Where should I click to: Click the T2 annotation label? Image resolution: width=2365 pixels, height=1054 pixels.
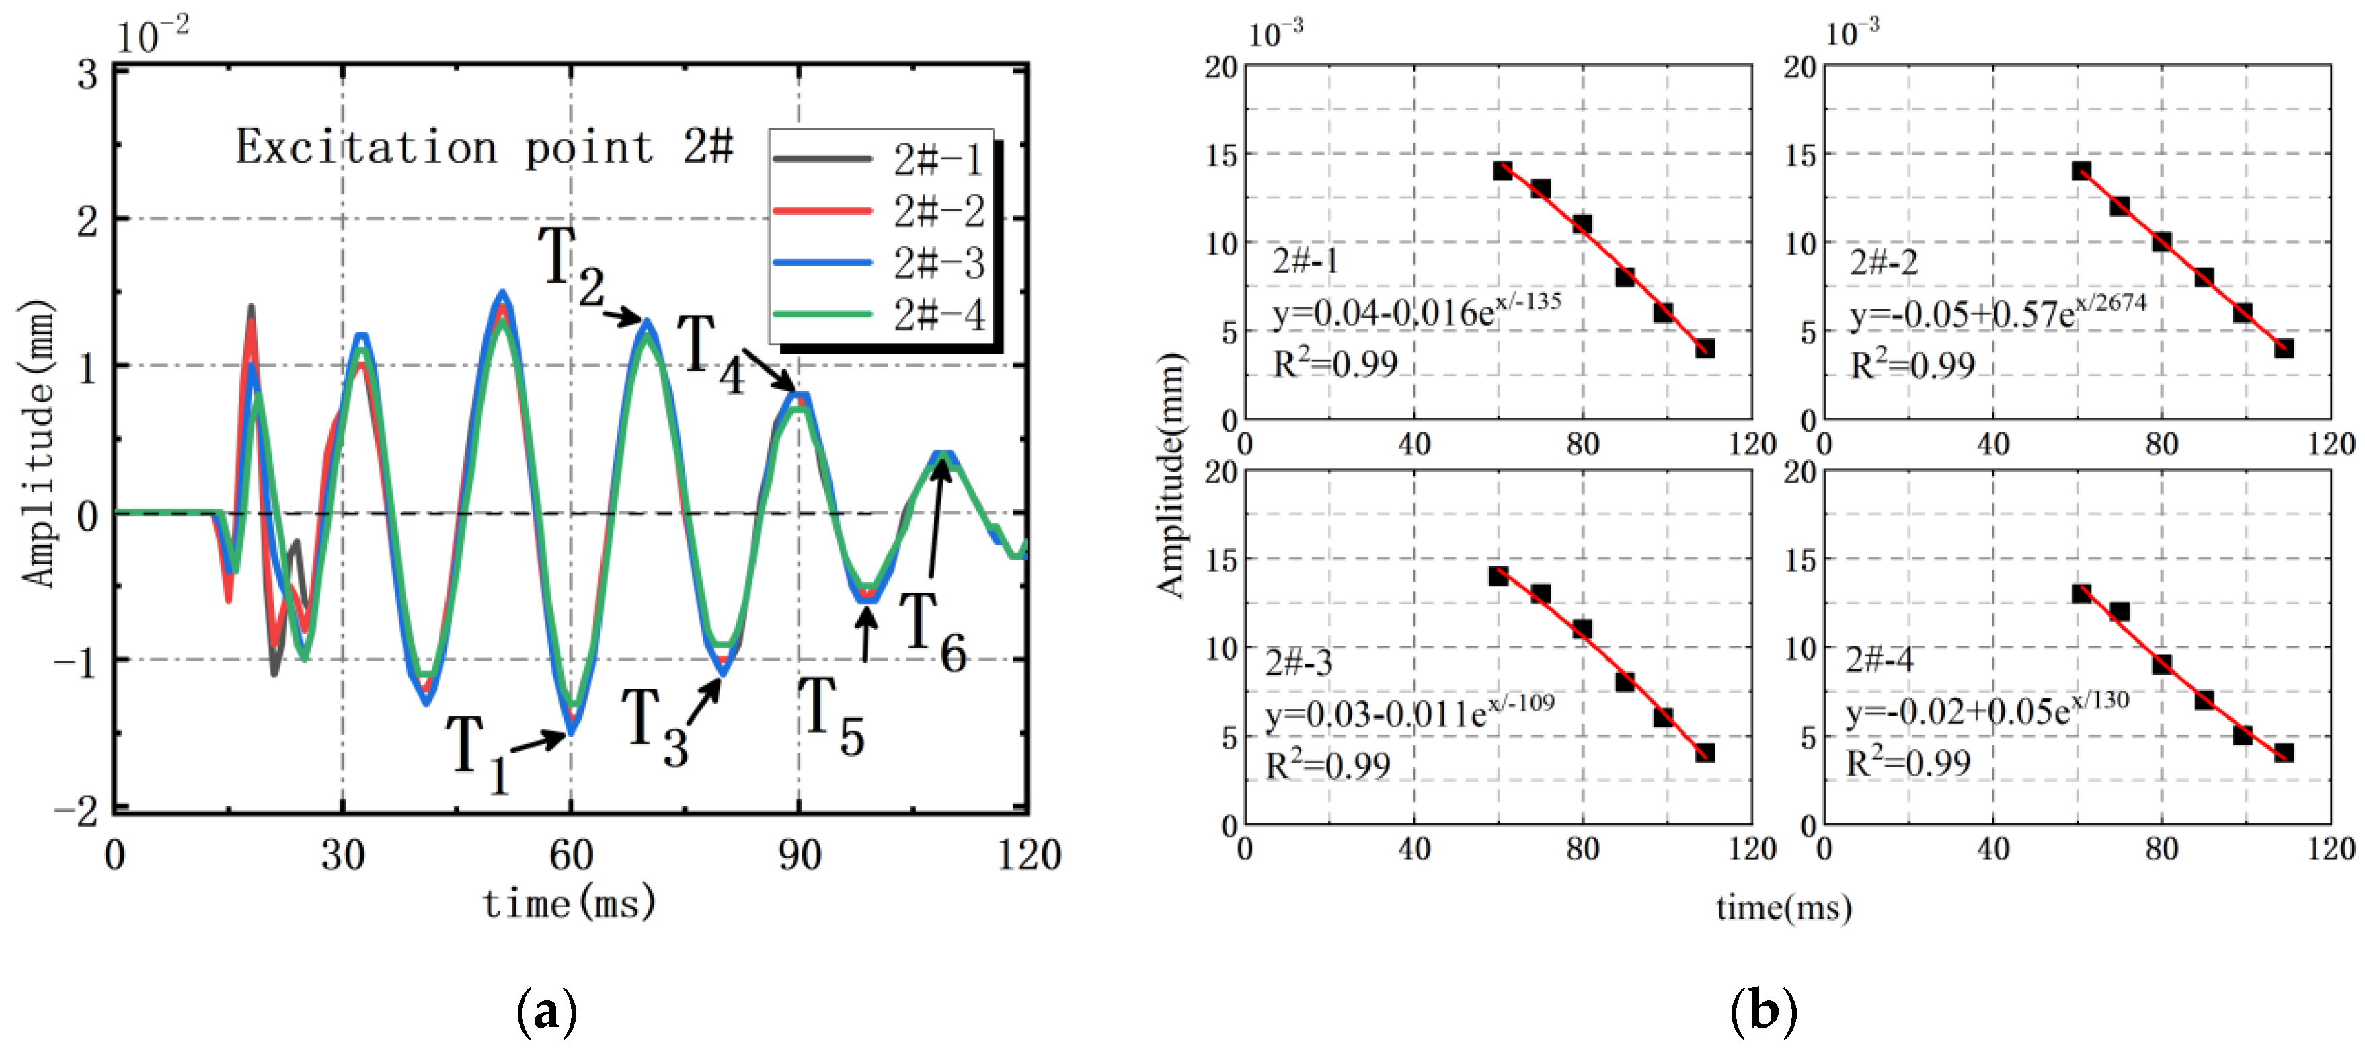pyautogui.click(x=570, y=266)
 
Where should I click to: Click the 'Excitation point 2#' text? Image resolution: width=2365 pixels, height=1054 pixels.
pyautogui.click(x=485, y=147)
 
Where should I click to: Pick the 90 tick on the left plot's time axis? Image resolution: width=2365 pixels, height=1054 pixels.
pyautogui.click(x=799, y=856)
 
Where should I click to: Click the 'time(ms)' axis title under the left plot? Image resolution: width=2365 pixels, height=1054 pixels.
pyautogui.click(x=569, y=903)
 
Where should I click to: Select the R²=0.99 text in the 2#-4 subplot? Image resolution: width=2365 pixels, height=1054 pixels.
pyautogui.click(x=1908, y=762)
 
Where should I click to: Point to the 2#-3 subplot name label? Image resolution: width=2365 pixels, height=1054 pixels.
pyautogui.click(x=1298, y=662)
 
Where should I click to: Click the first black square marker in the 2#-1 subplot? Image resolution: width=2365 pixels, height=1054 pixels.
pyautogui.click(x=1502, y=171)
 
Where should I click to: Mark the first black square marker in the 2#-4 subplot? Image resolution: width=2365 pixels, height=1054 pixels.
pyautogui.click(x=2081, y=593)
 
